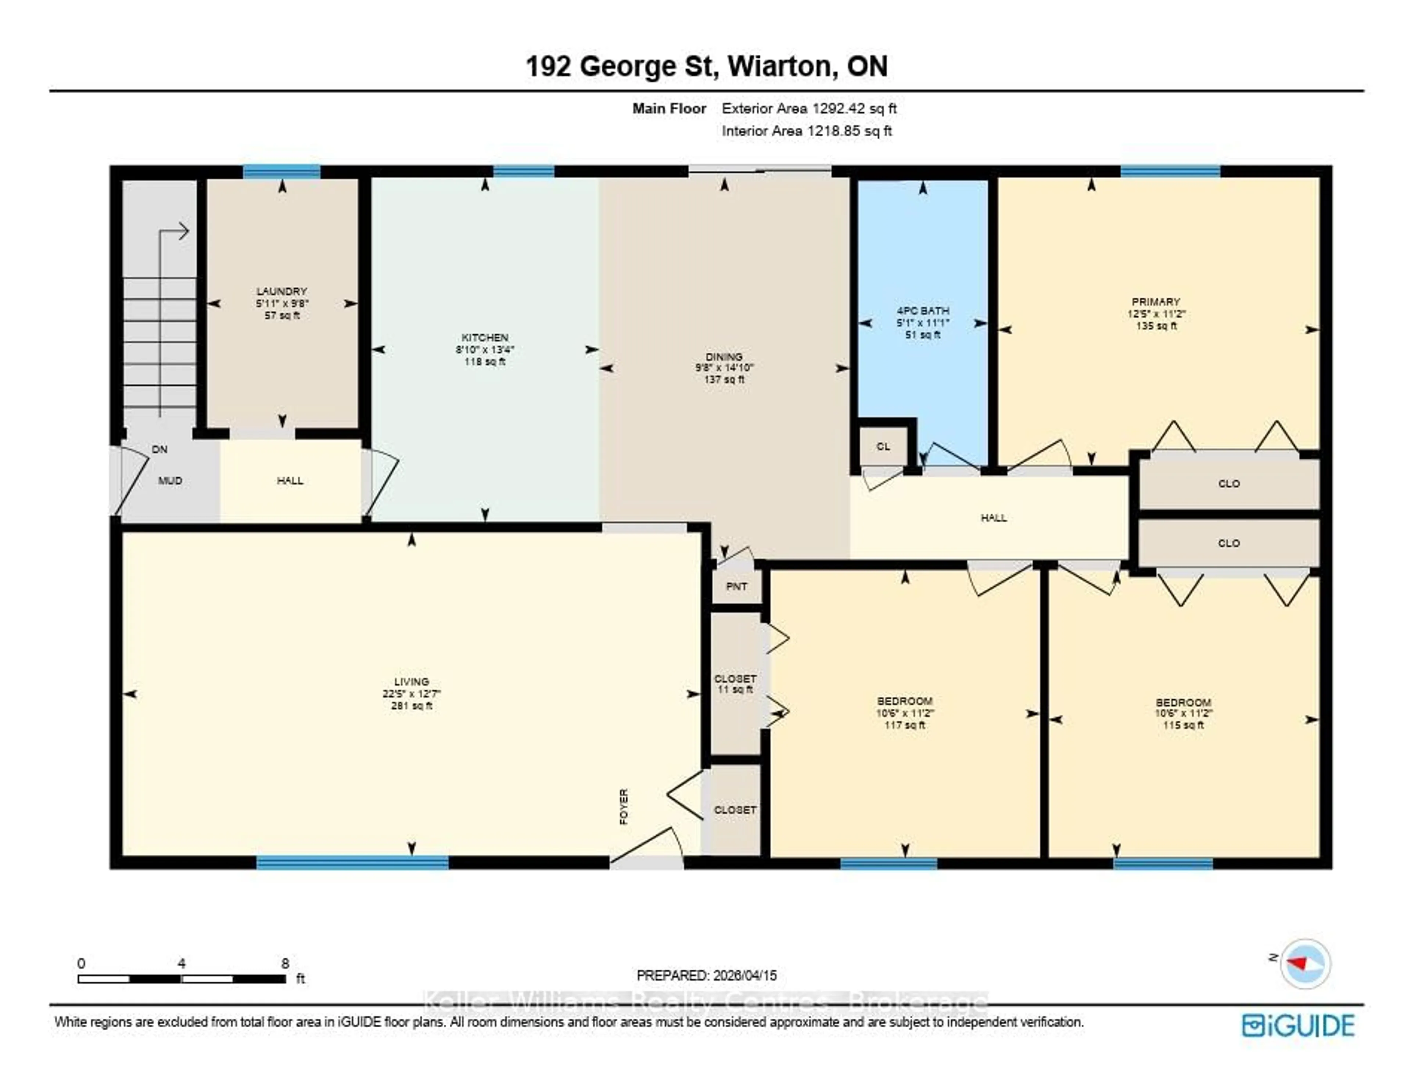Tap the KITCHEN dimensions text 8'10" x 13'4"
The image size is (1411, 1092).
(485, 349)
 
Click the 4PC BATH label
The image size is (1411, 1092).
(923, 311)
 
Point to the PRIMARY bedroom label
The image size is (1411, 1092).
(1156, 302)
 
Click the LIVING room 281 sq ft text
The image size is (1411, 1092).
(412, 705)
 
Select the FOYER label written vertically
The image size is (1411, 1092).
(624, 807)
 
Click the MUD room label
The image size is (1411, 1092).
(170, 481)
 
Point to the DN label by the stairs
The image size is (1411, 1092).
(159, 449)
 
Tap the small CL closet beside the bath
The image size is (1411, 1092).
(883, 446)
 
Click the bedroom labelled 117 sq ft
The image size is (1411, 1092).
(905, 713)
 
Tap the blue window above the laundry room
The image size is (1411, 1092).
(282, 171)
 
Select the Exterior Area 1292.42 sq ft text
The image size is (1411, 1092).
(809, 108)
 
